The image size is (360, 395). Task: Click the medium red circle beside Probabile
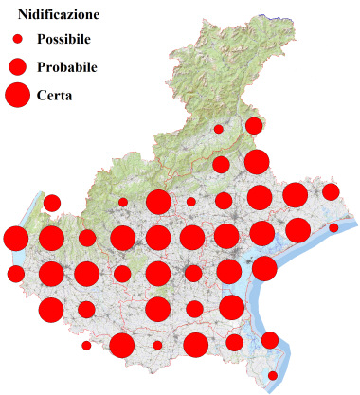pyautogui.click(x=17, y=67)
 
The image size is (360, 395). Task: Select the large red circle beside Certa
pyautogui.click(x=17, y=95)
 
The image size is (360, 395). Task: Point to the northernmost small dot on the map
pyautogui.click(x=218, y=129)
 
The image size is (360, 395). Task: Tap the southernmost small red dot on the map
pyautogui.click(x=273, y=375)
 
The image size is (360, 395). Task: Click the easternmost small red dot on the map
pyautogui.click(x=333, y=228)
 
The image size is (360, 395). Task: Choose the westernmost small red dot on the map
pyautogui.click(x=86, y=346)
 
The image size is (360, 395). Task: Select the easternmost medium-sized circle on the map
pyautogui.click(x=331, y=192)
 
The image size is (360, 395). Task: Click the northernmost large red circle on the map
pyautogui.click(x=256, y=162)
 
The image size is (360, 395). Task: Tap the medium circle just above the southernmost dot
pyautogui.click(x=269, y=340)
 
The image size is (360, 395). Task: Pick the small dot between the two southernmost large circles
pyautogui.click(x=157, y=345)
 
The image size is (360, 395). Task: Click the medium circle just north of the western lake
pyautogui.click(x=52, y=203)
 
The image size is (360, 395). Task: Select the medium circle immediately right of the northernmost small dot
pyautogui.click(x=254, y=126)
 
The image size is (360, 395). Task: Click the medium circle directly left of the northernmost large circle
pyautogui.click(x=221, y=165)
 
